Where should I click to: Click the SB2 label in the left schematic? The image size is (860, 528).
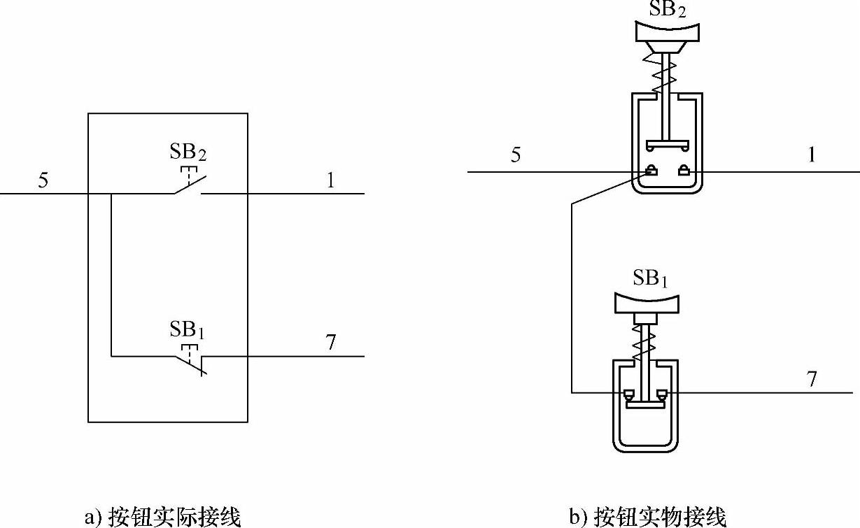pos(189,152)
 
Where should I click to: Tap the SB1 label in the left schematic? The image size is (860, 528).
pos(189,329)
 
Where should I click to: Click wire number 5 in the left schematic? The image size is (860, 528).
pos(43,180)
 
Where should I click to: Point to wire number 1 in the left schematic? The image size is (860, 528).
pos(330,180)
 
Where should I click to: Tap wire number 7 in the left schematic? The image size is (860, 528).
pos(330,343)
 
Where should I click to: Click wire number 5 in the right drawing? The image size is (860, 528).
pos(516,155)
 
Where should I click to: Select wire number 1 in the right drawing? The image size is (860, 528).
pos(812,155)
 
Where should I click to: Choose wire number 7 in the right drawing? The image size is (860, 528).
pos(812,379)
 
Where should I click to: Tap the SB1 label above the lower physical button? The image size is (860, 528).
pos(650,278)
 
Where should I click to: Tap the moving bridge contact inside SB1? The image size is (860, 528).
pos(644,402)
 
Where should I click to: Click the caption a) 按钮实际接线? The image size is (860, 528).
pos(162,518)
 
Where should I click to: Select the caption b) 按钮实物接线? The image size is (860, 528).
pos(648,518)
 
